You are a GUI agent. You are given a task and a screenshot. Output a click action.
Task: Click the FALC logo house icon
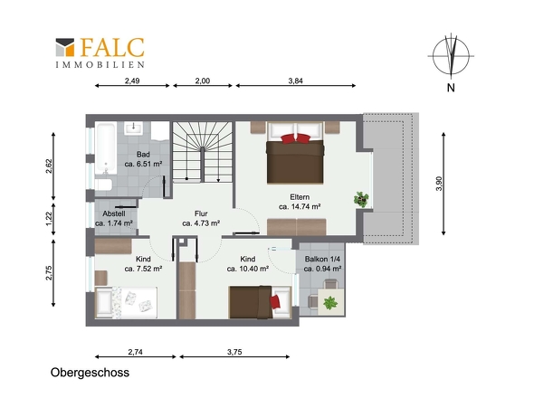tap(65, 47)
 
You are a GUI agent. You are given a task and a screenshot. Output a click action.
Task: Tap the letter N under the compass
tap(451, 88)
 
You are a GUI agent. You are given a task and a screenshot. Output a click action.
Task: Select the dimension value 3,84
tap(295, 81)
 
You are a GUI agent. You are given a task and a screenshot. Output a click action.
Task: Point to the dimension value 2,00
tap(203, 81)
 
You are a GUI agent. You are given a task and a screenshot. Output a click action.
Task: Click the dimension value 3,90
tap(439, 184)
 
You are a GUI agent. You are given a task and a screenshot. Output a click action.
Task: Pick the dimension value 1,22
tap(50, 219)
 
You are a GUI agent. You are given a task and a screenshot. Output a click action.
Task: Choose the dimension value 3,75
tap(234, 352)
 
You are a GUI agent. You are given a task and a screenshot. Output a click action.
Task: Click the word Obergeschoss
tap(90, 373)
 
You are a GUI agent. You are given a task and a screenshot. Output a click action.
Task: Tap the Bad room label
tap(143, 155)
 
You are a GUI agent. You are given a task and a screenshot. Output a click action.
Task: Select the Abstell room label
tap(114, 213)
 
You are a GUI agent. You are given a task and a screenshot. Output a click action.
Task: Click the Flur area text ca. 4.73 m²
tap(201, 223)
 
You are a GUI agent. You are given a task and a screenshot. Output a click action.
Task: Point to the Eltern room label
tap(300, 197)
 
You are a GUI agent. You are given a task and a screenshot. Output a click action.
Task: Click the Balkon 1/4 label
tap(322, 259)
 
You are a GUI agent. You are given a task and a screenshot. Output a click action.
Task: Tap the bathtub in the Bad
tap(105, 148)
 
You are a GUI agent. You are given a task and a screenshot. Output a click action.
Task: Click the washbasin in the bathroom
tap(134, 128)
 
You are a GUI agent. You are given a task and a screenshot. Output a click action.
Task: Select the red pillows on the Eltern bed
tap(296, 138)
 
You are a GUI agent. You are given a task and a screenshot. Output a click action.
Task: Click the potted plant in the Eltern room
tap(361, 200)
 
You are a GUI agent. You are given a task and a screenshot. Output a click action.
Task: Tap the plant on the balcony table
tap(330, 303)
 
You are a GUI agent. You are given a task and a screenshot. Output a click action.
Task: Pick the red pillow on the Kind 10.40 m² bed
tap(275, 302)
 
